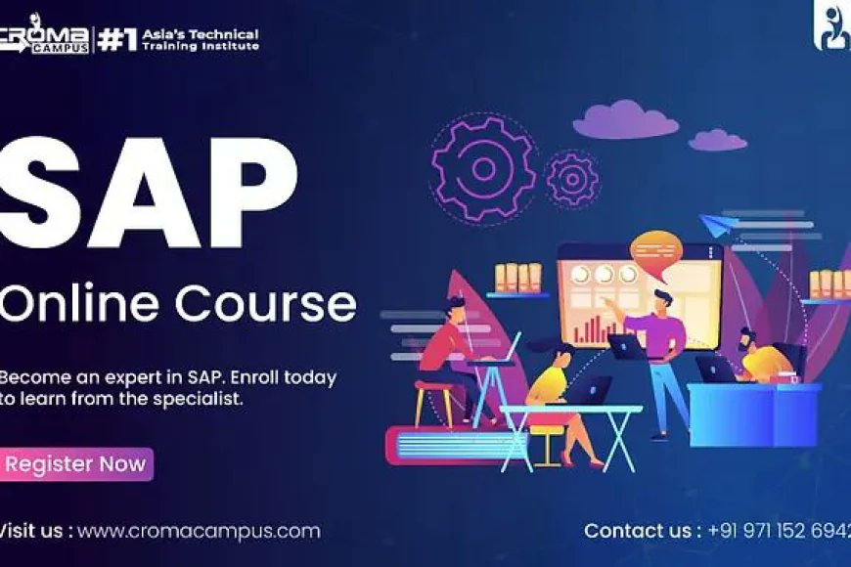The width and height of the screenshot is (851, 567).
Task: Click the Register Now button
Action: pyautogui.click(x=75, y=464)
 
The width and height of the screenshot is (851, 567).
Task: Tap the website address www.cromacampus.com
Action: pyautogui.click(x=199, y=531)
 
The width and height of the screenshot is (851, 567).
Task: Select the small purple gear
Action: pyautogui.click(x=572, y=179)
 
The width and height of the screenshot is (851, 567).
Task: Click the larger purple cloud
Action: pyautogui.click(x=612, y=121)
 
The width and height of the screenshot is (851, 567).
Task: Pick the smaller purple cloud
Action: pyautogui.click(x=717, y=140)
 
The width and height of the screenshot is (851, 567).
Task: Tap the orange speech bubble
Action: pyautogui.click(x=655, y=245)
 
